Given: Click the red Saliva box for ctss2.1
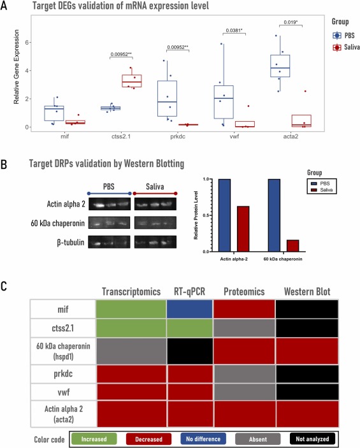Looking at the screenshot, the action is (132, 81).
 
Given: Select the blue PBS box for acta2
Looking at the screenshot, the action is (280, 66).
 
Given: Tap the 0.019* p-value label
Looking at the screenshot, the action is (291, 22).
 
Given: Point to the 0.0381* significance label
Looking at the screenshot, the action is (234, 31).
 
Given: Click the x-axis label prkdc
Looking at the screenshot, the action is (178, 136).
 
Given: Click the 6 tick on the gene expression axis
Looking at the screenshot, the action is (27, 42).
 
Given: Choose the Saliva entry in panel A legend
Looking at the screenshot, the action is (346, 47).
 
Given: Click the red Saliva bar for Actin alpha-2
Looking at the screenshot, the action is (243, 229).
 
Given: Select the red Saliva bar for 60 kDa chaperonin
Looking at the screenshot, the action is (292, 246).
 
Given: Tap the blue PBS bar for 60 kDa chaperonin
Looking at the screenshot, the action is (274, 215).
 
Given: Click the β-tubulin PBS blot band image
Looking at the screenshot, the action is (109, 242).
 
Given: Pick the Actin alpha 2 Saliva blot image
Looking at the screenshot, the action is (155, 204).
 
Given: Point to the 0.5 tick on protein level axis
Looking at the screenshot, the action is (206, 215).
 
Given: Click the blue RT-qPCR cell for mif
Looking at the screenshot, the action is (189, 309).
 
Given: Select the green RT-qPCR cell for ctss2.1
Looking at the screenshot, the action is (189, 328).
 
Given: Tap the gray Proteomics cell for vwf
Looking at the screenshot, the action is (244, 392).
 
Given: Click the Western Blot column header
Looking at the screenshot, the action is (307, 291).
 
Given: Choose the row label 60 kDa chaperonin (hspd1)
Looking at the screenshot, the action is (63, 351).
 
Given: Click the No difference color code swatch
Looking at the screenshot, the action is (203, 439).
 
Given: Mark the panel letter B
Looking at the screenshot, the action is (4, 164).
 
